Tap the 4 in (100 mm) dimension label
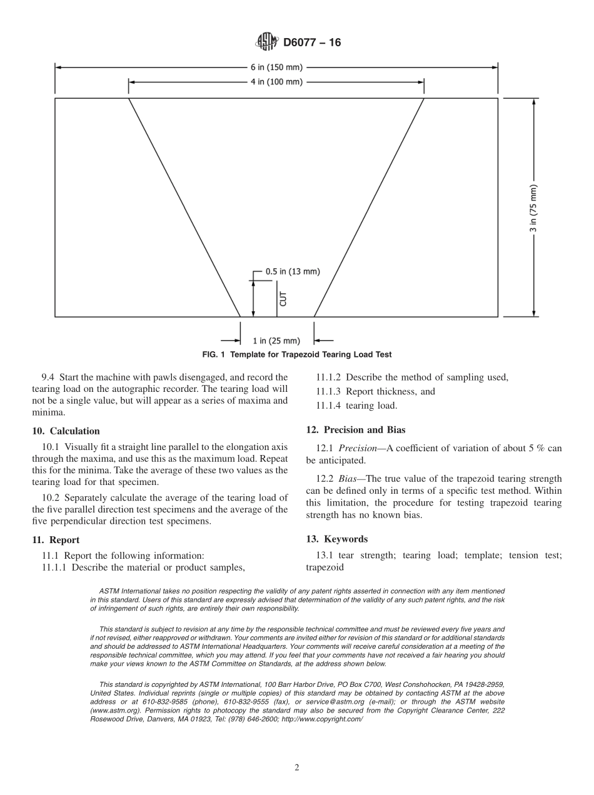click(x=276, y=82)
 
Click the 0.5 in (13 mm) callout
click(x=293, y=271)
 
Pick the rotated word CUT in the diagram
click(x=283, y=298)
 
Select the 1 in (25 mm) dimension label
click(x=276, y=341)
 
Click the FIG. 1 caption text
click(x=297, y=354)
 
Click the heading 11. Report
click(x=56, y=539)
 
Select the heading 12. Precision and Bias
click(x=355, y=429)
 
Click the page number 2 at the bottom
click(x=297, y=767)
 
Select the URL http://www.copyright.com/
click(x=323, y=719)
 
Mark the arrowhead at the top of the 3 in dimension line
click(x=533, y=102)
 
